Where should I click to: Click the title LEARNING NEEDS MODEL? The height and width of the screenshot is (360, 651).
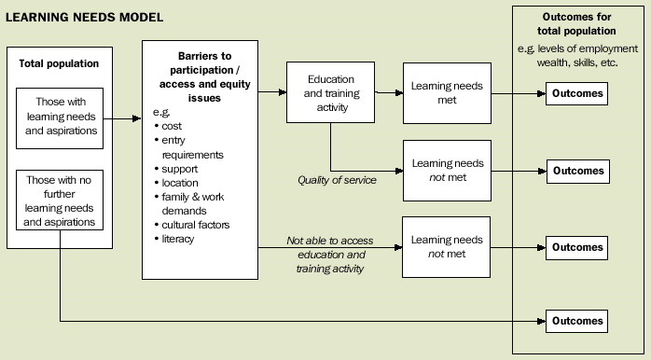[85, 18]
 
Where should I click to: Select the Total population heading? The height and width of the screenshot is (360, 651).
[60, 63]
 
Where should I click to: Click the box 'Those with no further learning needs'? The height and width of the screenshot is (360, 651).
[60, 200]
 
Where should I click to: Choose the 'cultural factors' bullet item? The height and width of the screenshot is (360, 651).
[195, 225]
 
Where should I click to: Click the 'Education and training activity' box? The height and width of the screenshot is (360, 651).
[330, 93]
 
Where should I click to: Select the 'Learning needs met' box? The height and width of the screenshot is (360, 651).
[447, 93]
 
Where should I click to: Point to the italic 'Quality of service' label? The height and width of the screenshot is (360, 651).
[337, 180]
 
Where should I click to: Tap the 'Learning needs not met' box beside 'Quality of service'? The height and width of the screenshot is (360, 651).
[447, 171]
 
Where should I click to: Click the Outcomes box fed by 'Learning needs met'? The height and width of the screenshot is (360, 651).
[578, 93]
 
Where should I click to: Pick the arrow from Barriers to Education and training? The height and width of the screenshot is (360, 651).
[271, 92]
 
